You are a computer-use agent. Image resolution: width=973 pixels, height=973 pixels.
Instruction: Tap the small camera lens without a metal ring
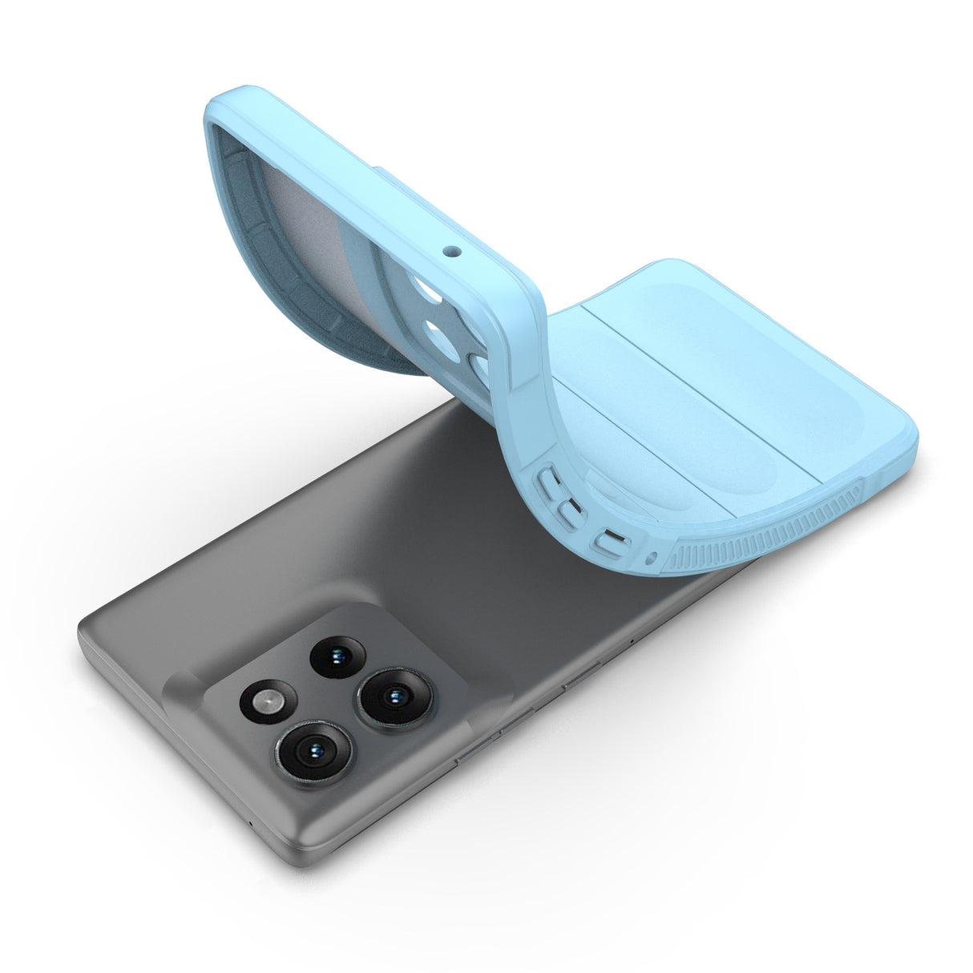pyautogui.click(x=337, y=656)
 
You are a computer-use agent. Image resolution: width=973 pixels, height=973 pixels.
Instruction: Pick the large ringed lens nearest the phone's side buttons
pyautogui.click(x=394, y=694)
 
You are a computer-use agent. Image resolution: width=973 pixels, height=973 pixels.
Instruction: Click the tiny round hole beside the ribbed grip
pyautogui.click(x=652, y=555)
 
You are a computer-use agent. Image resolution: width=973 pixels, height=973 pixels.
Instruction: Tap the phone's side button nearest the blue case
pyautogui.click(x=582, y=676)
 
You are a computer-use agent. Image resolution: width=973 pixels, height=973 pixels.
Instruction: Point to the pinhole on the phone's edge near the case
pyautogui.click(x=632, y=642)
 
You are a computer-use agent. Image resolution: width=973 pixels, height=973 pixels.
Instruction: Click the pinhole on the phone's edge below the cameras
pyautogui.click(x=253, y=824)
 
